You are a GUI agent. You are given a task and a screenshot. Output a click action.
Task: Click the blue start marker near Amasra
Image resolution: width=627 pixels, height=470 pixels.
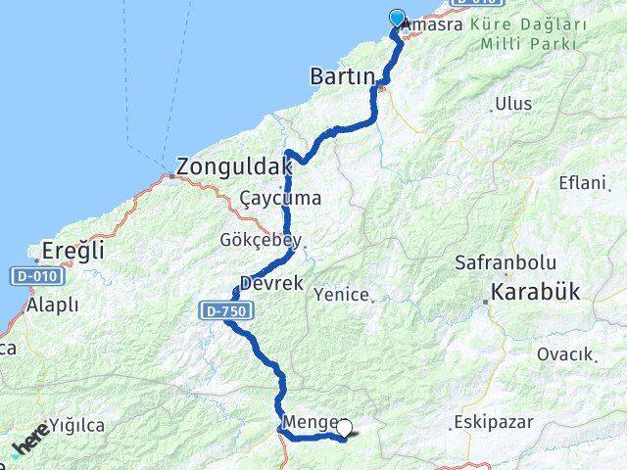[x=397, y=17]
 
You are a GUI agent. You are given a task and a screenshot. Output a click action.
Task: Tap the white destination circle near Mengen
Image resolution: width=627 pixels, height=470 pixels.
[x=344, y=427]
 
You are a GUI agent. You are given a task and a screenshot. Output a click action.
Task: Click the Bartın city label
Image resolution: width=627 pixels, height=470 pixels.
[x=342, y=75]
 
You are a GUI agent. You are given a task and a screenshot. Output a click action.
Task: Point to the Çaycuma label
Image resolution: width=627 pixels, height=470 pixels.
[x=280, y=198]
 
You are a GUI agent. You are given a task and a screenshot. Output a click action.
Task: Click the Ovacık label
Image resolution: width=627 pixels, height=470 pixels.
[x=566, y=354]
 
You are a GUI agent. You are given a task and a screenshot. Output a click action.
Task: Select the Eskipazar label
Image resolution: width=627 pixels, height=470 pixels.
[x=492, y=424]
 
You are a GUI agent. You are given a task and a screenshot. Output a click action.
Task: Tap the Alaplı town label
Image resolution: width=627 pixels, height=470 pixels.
[x=53, y=305]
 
